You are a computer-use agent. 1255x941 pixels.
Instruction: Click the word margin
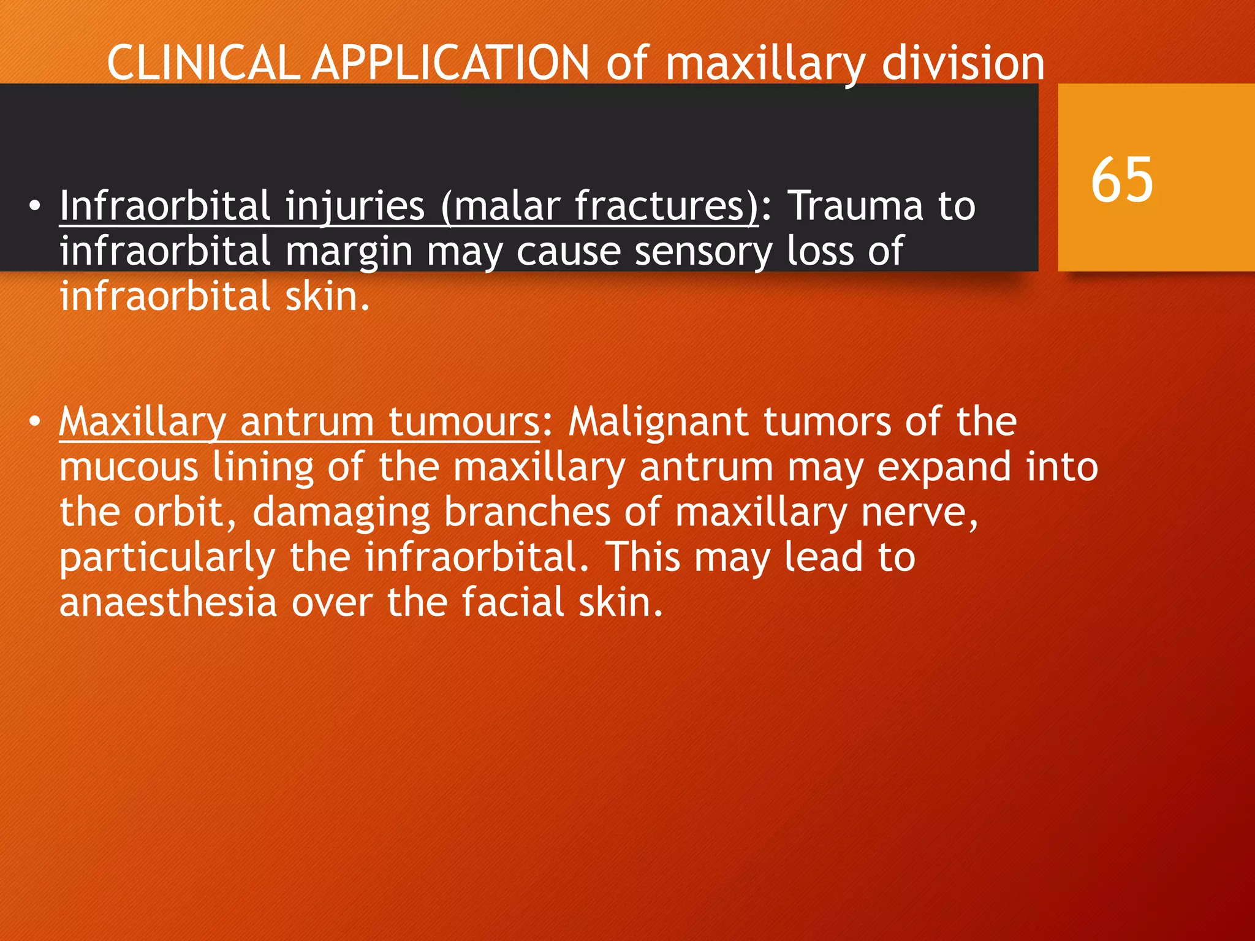click(349, 252)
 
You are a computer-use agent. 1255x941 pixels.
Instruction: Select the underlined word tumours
click(464, 422)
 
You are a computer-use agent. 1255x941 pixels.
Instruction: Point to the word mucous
click(129, 467)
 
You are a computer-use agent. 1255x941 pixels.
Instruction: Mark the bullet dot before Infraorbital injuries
click(35, 206)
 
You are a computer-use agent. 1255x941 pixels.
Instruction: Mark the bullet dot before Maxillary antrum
click(35, 423)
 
